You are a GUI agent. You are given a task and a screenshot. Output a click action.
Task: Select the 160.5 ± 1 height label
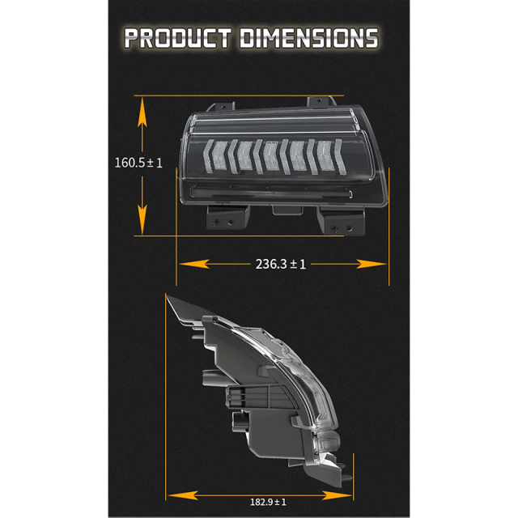tap(138, 163)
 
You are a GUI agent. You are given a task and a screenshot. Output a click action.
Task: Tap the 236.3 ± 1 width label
tap(280, 264)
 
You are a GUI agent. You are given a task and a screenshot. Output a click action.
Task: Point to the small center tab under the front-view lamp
tap(282, 210)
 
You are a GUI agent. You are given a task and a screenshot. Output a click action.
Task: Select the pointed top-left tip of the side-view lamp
tap(169, 297)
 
